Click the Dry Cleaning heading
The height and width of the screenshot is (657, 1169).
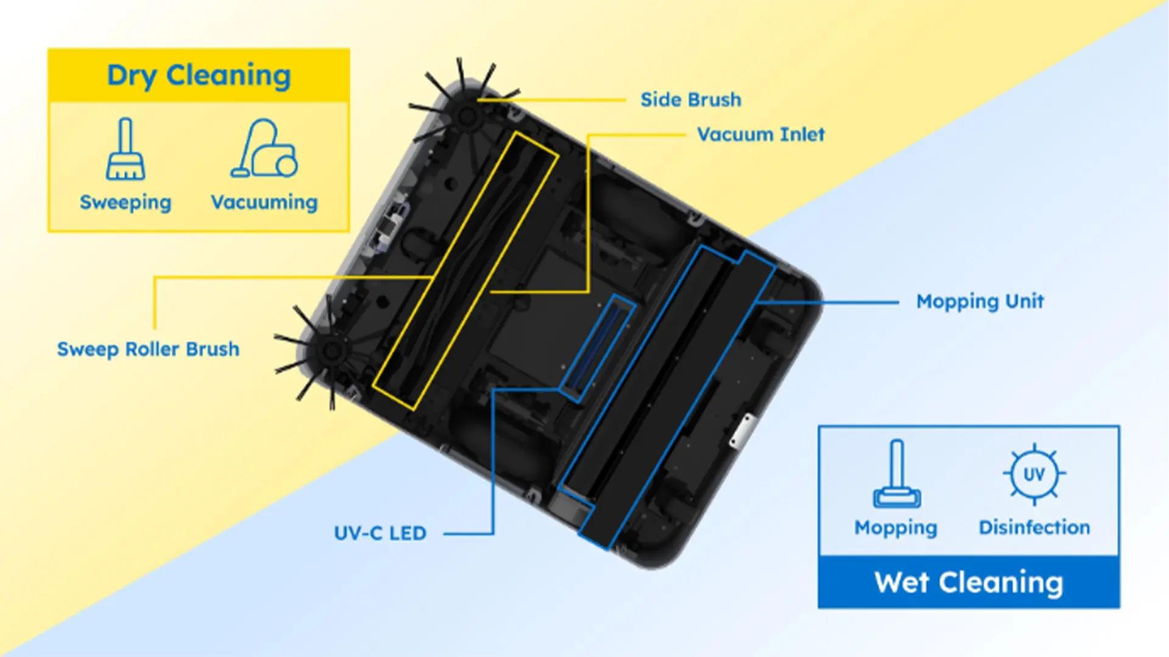pyautogui.click(x=198, y=76)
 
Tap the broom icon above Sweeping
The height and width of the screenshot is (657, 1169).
pyautogui.click(x=125, y=149)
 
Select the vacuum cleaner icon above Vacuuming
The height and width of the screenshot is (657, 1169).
pyautogui.click(x=264, y=148)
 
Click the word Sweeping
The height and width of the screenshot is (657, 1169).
pyautogui.click(x=125, y=203)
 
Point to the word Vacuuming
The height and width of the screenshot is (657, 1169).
pyautogui.click(x=264, y=202)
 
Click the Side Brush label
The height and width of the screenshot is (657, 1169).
pyautogui.click(x=691, y=100)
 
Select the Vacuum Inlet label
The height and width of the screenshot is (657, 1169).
pyautogui.click(x=761, y=134)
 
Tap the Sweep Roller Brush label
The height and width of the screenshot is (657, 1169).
pyautogui.click(x=148, y=349)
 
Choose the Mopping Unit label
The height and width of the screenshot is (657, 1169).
pyautogui.click(x=980, y=302)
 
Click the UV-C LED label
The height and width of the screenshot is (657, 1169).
pyautogui.click(x=380, y=534)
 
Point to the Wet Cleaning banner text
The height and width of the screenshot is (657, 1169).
pyautogui.click(x=969, y=583)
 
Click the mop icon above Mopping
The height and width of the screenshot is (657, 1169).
pyautogui.click(x=897, y=474)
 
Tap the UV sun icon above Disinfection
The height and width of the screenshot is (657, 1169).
pyautogui.click(x=1034, y=474)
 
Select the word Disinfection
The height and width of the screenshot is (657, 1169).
pyautogui.click(x=1034, y=527)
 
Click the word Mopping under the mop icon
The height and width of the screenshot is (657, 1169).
pyautogui.click(x=896, y=528)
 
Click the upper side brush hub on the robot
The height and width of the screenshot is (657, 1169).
pyautogui.click(x=468, y=114)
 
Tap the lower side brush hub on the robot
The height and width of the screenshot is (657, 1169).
pyautogui.click(x=331, y=350)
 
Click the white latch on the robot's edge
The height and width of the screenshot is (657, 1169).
pyautogui.click(x=743, y=431)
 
